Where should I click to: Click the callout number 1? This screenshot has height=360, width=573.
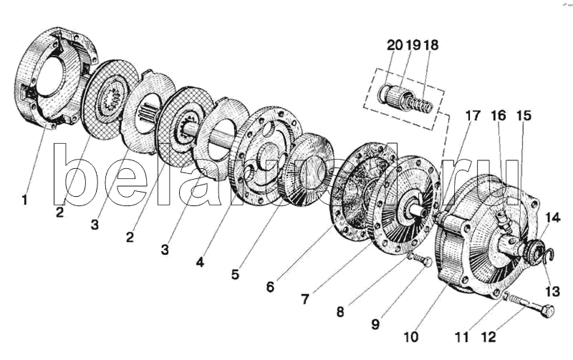click(x=25, y=200)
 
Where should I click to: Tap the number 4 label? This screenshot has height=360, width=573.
click(x=200, y=262)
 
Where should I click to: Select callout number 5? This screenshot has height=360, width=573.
click(x=235, y=274)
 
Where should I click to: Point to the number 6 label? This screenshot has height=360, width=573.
click(x=270, y=287)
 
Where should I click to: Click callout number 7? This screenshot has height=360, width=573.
click(x=305, y=299)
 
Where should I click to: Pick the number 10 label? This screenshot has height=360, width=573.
click(x=411, y=336)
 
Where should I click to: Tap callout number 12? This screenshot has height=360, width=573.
click(x=488, y=336)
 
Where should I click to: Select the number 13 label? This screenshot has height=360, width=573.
click(x=552, y=291)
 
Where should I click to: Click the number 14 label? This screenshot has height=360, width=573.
click(x=552, y=218)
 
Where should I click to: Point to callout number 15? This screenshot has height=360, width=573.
click(x=524, y=116)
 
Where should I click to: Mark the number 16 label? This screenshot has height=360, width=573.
click(x=499, y=116)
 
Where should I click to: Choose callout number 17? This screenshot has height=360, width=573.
click(x=472, y=116)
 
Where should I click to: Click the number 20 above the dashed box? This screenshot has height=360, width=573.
click(x=395, y=45)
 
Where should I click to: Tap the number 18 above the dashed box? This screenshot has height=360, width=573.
click(x=431, y=45)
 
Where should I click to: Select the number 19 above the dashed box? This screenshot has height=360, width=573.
click(x=413, y=45)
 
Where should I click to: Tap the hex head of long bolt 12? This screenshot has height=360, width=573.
click(x=547, y=311)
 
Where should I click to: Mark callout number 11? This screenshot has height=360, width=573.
click(x=462, y=336)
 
